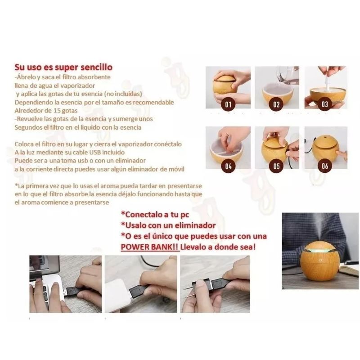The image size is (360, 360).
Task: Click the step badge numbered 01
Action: [228, 105]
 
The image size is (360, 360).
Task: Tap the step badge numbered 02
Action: [276, 105]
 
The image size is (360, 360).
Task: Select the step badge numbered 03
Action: [324, 104]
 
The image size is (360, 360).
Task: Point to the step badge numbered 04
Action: [228, 166]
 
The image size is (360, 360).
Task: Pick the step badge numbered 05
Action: [276, 166]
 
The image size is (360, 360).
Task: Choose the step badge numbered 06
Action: [325, 166]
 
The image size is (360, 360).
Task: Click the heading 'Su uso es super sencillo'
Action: [63, 67]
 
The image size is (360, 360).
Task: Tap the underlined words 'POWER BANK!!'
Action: [150, 247]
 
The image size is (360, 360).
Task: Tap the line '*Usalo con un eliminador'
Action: [168, 225]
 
